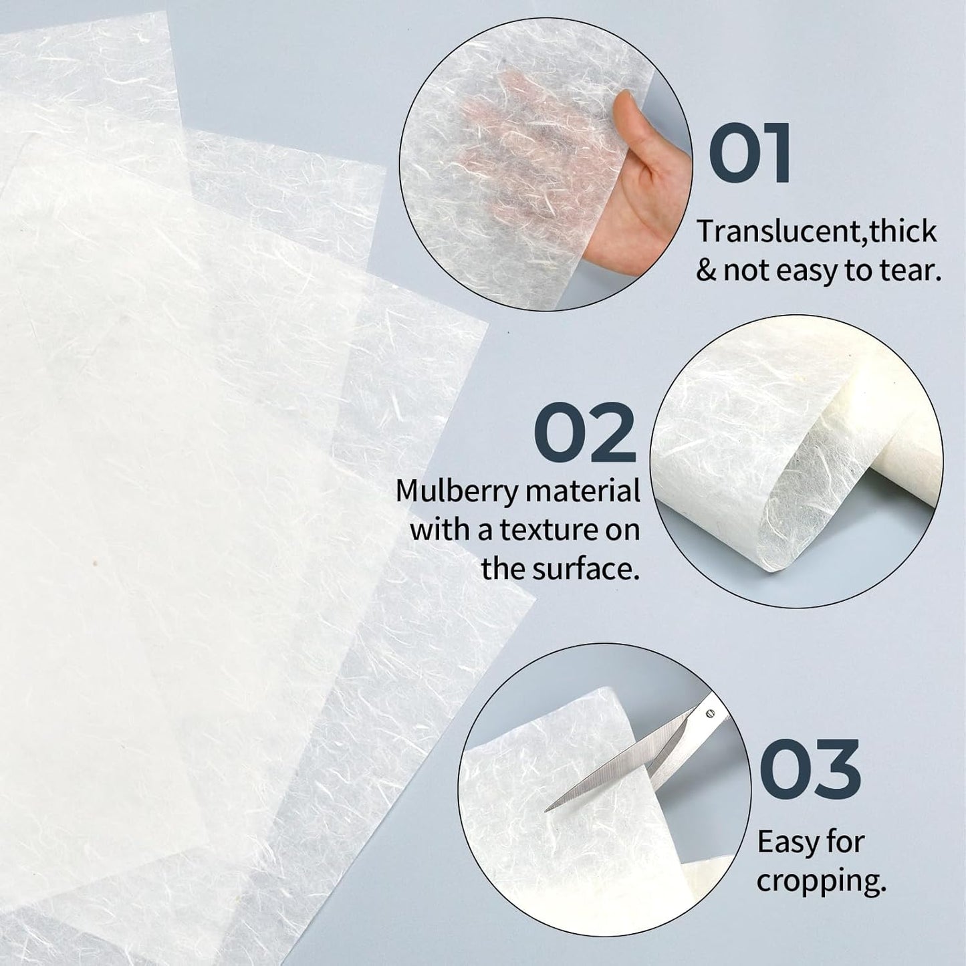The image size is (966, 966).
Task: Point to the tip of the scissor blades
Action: click(548, 810)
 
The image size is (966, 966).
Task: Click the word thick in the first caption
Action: click(907, 232)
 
